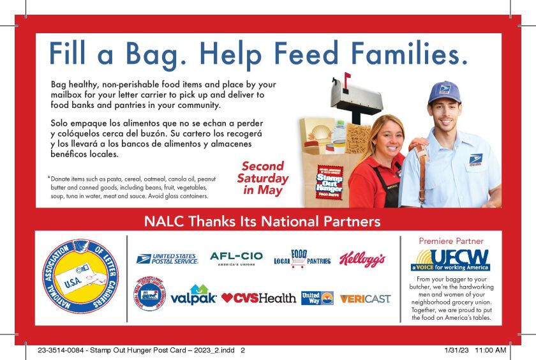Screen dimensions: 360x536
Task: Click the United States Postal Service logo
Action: click(x=167, y=259)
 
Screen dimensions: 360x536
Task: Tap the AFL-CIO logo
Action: click(x=236, y=259)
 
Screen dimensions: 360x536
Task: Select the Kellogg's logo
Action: click(x=362, y=259)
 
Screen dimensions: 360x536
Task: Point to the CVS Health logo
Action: click(x=259, y=298)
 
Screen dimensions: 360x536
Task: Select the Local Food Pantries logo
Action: click(x=301, y=259)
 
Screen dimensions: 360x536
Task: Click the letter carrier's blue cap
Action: click(x=445, y=92)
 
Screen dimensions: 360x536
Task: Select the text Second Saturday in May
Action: click(x=262, y=178)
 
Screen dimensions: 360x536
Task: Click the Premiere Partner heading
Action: click(x=450, y=241)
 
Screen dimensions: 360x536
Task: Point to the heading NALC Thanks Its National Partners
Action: click(x=262, y=221)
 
